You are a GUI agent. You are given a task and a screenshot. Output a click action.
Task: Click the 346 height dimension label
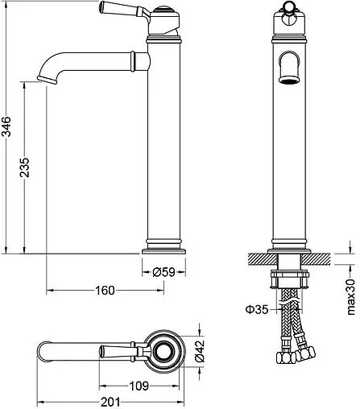point(6,126)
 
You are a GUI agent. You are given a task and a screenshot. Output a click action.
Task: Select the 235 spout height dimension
point(24,167)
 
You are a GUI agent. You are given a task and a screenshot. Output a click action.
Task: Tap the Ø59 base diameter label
point(163,272)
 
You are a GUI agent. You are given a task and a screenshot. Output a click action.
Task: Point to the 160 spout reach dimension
point(105,290)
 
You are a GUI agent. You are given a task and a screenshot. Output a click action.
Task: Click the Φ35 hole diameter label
point(257,310)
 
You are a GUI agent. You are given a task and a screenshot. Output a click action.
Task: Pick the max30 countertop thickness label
point(351,296)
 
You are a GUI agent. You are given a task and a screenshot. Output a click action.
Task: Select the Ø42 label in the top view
point(200,351)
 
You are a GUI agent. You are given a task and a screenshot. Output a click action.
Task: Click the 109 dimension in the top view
point(139,386)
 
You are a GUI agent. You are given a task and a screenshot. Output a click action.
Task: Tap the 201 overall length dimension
point(110,403)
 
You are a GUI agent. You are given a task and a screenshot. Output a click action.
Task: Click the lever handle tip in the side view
point(101,7)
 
